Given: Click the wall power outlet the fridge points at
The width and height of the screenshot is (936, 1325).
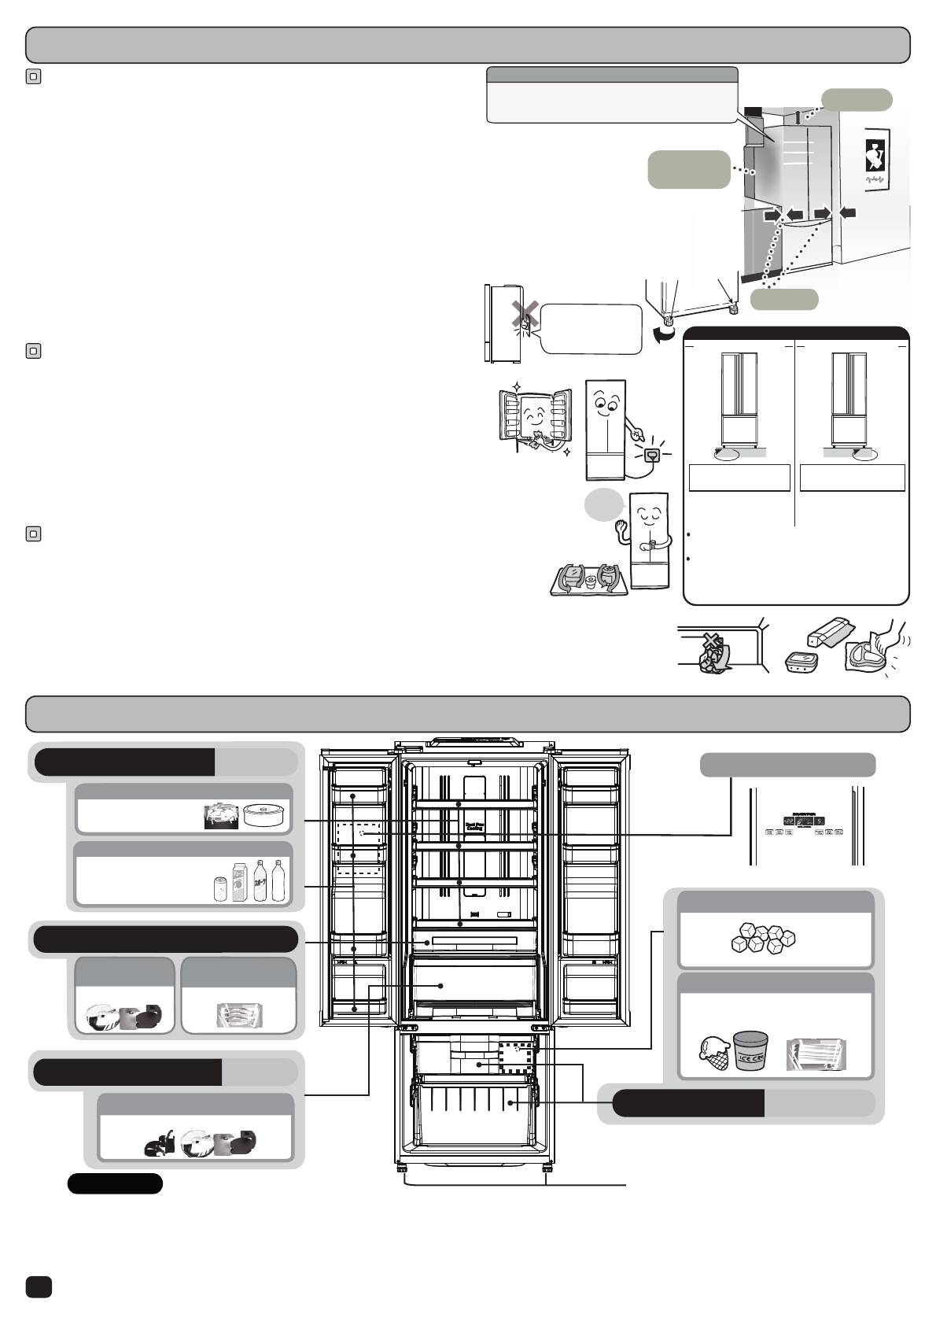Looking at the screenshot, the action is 650,455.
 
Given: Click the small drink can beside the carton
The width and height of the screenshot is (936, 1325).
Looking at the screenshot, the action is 221,888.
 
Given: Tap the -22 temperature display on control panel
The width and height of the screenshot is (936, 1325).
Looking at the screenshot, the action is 787,820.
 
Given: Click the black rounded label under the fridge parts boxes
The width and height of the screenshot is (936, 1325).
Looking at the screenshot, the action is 115,1184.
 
